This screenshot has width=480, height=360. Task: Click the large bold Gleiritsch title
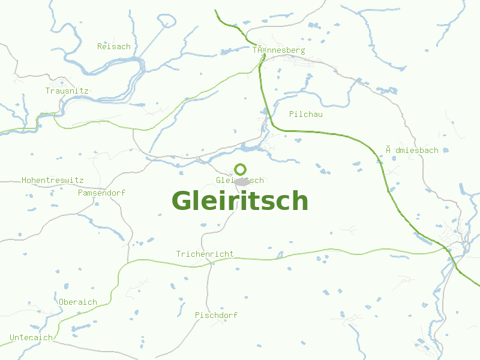click(x=240, y=201)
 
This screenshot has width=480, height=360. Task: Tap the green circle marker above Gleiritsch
click(x=240, y=169)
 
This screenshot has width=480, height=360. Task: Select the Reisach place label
click(x=114, y=46)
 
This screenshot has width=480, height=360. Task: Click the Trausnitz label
click(x=67, y=91)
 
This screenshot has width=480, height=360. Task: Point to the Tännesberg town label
click(x=278, y=50)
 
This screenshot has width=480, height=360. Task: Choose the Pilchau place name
click(x=305, y=114)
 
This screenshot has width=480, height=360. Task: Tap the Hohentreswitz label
click(x=53, y=180)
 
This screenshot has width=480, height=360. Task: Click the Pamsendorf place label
click(x=101, y=193)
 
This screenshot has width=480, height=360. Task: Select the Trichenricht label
click(x=205, y=254)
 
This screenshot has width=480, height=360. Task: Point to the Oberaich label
click(x=78, y=302)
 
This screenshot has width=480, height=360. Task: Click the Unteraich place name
click(x=31, y=337)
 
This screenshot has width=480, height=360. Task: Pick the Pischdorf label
click(x=216, y=315)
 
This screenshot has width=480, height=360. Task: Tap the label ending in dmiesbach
click(x=412, y=150)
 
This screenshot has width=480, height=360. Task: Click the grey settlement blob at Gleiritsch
click(x=242, y=182)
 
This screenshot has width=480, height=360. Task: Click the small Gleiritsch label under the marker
click(x=239, y=180)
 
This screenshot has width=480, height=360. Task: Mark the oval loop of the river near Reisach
click(x=167, y=22)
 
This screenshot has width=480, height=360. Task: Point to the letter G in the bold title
click(x=184, y=201)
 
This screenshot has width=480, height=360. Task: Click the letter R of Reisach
click(x=100, y=46)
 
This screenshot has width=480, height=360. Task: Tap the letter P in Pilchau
click(x=292, y=114)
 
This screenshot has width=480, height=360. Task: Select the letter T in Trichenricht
click(x=178, y=254)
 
